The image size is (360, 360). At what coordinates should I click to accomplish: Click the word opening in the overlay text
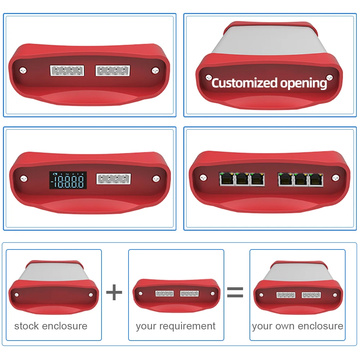tap(303, 84)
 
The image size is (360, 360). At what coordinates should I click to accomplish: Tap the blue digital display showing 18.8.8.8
tap(68, 180)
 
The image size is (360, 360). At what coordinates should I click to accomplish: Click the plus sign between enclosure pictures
tap(114, 292)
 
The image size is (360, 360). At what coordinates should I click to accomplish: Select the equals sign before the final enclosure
tap(235, 292)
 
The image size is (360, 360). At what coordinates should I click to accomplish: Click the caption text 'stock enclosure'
tap(51, 326)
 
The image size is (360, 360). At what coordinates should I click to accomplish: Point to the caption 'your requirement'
tap(176, 326)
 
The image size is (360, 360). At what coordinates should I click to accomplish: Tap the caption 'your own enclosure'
tap(297, 326)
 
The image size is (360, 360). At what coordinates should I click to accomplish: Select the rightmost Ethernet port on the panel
tap(316, 179)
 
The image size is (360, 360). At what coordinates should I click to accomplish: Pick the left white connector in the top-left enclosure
tap(67, 70)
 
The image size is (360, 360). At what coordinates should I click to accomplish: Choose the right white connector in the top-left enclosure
tap(113, 70)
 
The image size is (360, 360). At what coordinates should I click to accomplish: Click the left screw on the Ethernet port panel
tap(203, 177)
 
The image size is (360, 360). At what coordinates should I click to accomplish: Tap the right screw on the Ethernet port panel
tap(335, 177)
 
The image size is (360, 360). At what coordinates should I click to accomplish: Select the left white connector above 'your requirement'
tap(165, 293)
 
